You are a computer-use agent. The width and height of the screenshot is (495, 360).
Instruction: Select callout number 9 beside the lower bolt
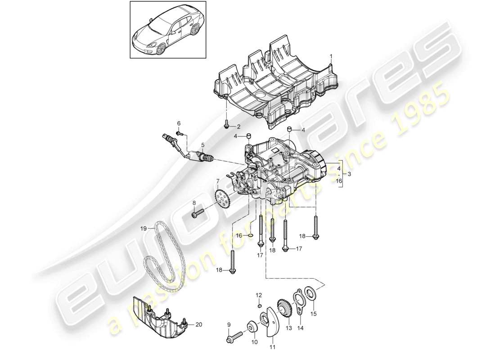pyautogui.click(x=229, y=324)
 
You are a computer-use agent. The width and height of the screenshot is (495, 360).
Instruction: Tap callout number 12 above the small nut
pyautogui.click(x=258, y=295)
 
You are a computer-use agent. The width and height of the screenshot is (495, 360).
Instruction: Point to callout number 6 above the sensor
pyautogui.click(x=178, y=123)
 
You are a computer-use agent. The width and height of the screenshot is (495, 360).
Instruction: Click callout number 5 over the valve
pyautogui.click(x=203, y=145)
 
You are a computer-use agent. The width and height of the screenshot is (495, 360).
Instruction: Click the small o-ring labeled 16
pyautogui.click(x=251, y=235)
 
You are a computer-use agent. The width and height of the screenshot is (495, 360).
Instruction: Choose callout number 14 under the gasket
pyautogui.click(x=301, y=328)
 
